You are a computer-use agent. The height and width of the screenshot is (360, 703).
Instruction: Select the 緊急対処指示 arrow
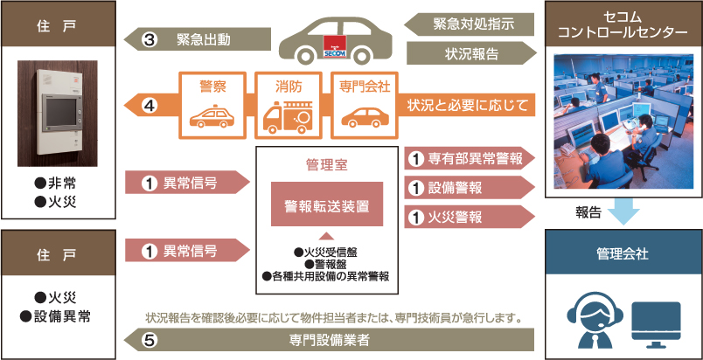click(472, 24)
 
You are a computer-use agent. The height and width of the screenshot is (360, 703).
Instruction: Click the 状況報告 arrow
click(472, 53)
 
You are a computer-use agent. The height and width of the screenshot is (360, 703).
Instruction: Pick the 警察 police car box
click(212, 107)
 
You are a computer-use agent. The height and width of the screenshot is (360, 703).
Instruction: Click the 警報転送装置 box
click(326, 206)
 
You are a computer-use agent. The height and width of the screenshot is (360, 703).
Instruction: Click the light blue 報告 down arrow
click(623, 211)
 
